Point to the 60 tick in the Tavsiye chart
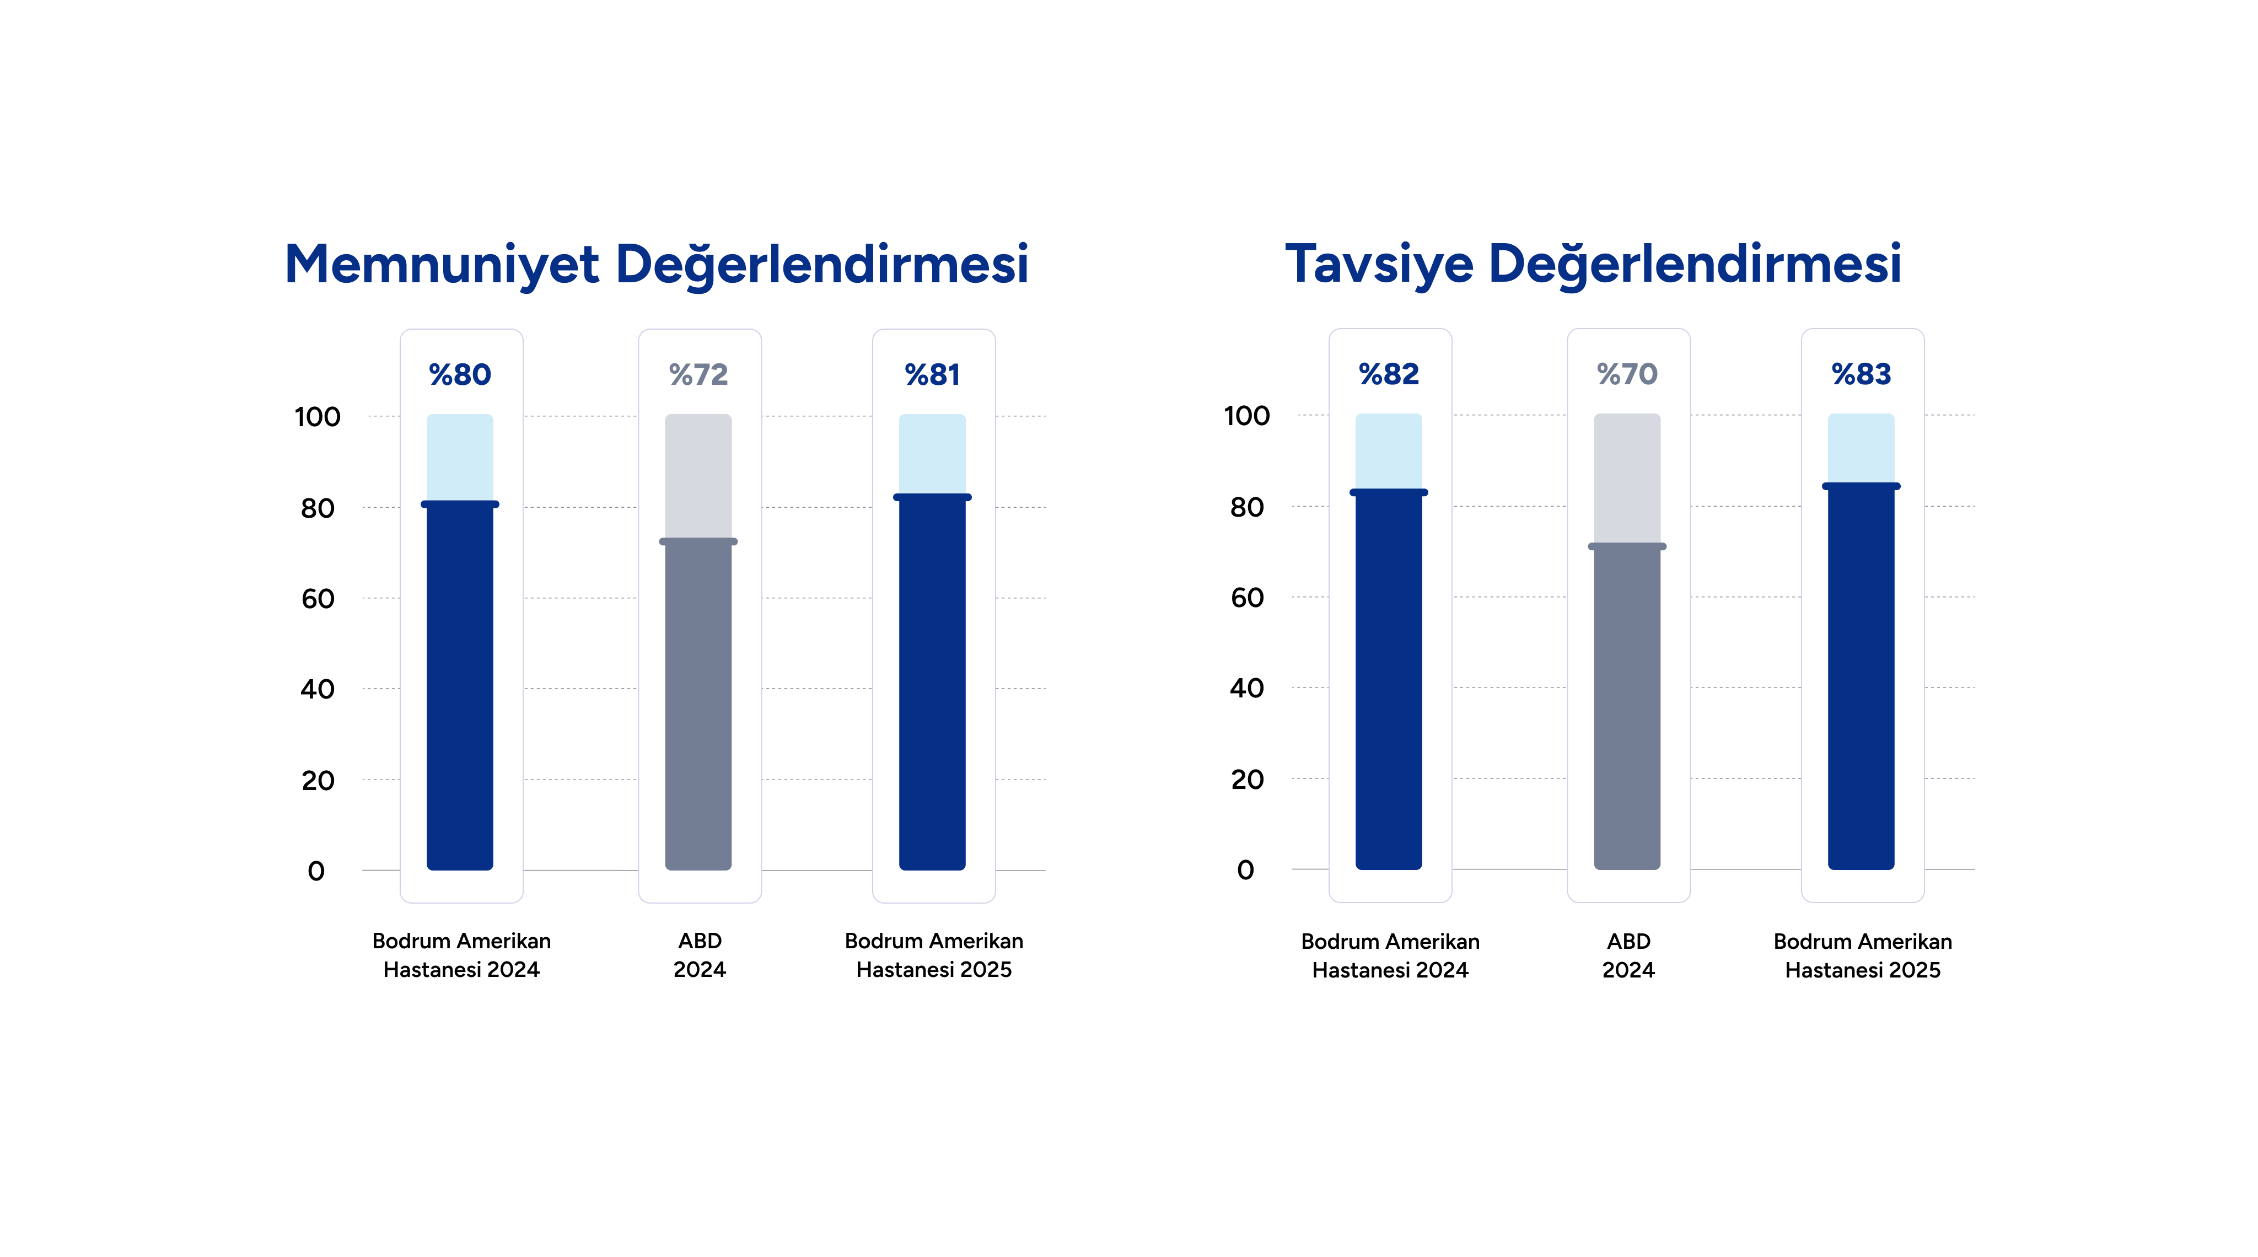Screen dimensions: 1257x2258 [1246, 598]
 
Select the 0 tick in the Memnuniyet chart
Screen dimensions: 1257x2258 [316, 871]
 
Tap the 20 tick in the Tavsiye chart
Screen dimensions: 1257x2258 [1246, 779]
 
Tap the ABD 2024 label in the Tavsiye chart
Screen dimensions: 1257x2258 [1628, 955]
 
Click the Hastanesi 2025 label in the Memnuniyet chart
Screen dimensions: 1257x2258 [933, 969]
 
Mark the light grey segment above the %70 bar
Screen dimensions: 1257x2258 [1627, 478]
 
